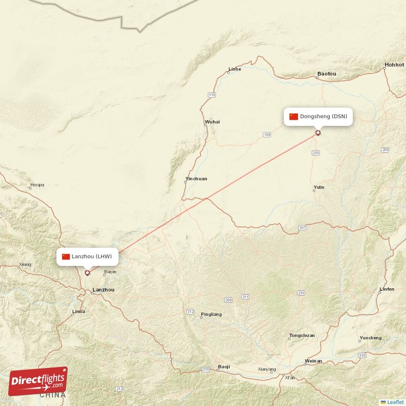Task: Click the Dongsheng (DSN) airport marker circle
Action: (318, 133)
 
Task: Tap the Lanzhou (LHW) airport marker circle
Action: (87, 273)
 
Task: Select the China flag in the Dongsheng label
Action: (294, 116)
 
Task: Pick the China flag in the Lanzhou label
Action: (66, 256)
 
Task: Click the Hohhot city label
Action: (394, 65)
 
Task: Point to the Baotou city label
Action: (326, 74)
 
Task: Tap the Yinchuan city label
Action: (196, 179)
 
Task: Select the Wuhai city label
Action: (212, 122)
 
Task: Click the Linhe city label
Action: (234, 69)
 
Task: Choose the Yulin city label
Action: (319, 187)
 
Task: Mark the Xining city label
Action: (24, 264)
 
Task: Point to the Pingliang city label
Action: (211, 314)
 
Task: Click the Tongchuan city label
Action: (301, 335)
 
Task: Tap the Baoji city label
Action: (223, 366)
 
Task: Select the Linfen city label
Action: (386, 289)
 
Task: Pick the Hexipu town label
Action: (37, 185)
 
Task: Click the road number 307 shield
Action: (302, 227)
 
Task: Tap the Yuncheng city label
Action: (370, 337)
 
